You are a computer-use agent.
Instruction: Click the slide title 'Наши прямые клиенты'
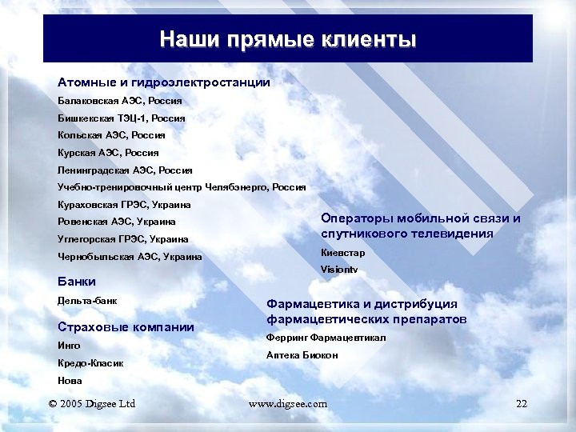(287, 39)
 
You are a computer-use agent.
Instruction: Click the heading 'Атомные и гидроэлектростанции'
(163, 82)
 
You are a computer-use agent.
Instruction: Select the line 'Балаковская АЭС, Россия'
(119, 102)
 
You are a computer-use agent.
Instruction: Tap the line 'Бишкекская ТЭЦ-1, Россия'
(121, 118)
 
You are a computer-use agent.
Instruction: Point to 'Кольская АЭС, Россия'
(111, 135)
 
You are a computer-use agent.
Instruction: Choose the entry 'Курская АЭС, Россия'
(108, 152)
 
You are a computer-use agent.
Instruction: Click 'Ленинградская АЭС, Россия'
(125, 170)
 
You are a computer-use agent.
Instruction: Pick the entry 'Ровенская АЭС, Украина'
(117, 222)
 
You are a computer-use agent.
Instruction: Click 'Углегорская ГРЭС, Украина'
(123, 239)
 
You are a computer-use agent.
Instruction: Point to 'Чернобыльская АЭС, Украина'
(130, 257)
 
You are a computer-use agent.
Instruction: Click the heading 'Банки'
(77, 281)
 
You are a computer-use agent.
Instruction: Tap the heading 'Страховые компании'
(126, 326)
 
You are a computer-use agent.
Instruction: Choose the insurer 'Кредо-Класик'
(90, 363)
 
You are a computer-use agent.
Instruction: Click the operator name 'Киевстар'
(342, 253)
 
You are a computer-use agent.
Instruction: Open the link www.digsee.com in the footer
(288, 404)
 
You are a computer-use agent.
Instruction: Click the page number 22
(522, 404)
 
